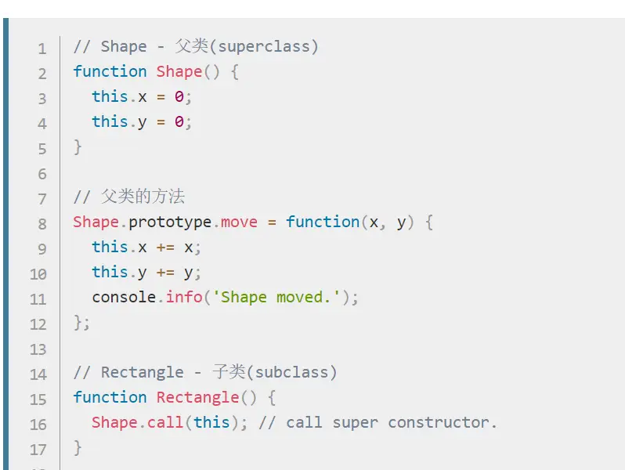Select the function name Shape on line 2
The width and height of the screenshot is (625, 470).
[x=179, y=71]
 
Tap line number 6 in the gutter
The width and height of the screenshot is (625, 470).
[x=42, y=174]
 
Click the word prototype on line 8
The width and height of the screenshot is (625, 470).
[x=170, y=222]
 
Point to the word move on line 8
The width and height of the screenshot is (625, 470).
[x=239, y=222]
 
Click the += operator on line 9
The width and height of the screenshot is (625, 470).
[x=165, y=247]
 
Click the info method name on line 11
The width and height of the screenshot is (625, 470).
[x=184, y=297]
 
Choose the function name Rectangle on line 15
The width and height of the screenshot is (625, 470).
[x=197, y=397]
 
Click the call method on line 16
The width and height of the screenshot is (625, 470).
[x=165, y=422]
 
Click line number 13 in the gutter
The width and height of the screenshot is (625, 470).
[x=38, y=349]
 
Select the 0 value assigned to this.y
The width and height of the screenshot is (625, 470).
[x=179, y=121]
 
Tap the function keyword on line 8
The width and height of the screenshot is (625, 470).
[x=323, y=222]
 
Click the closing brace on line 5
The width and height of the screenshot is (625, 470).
[x=78, y=146]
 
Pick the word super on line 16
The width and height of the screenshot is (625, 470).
[x=356, y=422]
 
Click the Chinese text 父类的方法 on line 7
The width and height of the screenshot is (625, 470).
[x=143, y=197]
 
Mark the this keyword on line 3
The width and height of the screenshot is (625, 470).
[x=110, y=96]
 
